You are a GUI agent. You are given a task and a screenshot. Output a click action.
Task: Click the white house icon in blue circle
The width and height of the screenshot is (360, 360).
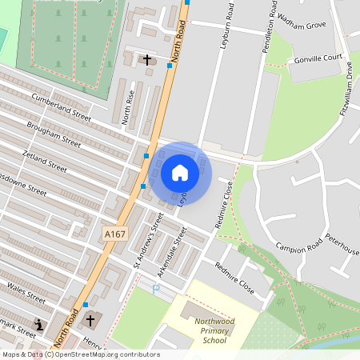pos(180,172)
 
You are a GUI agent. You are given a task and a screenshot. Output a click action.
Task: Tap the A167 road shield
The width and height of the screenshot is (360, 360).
pos(114,233)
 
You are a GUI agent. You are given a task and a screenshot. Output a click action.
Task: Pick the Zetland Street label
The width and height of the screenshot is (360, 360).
pos(44,160)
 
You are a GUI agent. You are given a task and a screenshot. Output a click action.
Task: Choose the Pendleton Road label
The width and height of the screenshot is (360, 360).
pos(270,32)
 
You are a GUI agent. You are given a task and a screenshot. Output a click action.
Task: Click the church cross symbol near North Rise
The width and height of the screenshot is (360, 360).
pos(146,60)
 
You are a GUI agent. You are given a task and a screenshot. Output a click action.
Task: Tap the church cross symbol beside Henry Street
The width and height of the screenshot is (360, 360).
pos(90,320)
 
